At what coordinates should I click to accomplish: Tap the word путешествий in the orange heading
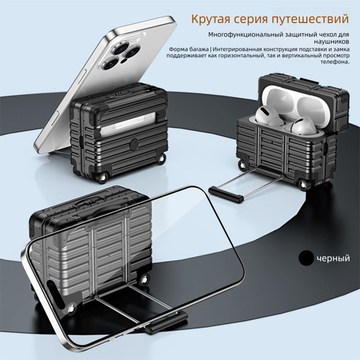[310, 19]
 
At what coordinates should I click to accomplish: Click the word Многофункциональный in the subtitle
[246, 35]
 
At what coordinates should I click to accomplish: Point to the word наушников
[331, 42]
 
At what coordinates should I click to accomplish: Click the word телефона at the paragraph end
[335, 62]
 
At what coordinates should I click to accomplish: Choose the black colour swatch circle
[306, 258]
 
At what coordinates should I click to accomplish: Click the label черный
[333, 258]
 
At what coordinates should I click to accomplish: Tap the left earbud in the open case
[266, 116]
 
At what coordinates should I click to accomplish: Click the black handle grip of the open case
[226, 194]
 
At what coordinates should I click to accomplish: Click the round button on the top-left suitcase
[134, 144]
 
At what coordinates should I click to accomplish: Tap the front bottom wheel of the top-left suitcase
[103, 178]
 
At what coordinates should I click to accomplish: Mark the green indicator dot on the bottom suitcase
[109, 255]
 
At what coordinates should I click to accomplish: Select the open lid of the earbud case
[304, 100]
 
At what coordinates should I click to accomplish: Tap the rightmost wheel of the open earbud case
[304, 184]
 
